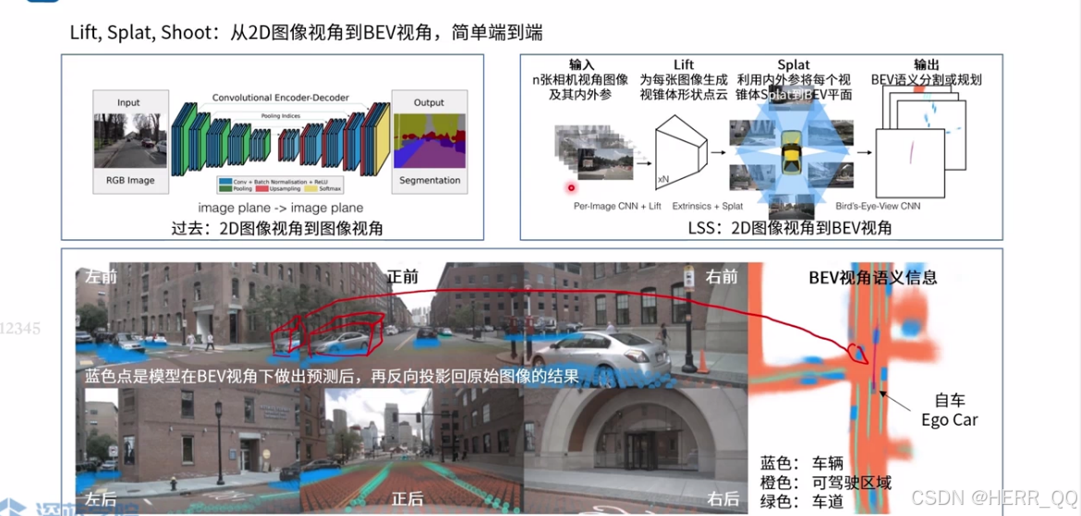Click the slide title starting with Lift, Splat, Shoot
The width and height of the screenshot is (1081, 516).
[x=306, y=32]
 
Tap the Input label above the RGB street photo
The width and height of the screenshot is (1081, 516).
[x=128, y=102]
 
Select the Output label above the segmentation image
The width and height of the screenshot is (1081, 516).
[x=429, y=102]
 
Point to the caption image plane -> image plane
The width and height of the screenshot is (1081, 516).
[x=280, y=208]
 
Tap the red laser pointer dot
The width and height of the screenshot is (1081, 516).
[x=572, y=188]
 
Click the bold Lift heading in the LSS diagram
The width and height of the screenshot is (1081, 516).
[x=684, y=65]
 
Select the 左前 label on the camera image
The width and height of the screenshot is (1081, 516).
[x=102, y=276]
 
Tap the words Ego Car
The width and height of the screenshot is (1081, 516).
[x=950, y=420]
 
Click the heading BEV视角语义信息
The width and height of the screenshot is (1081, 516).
[x=873, y=277]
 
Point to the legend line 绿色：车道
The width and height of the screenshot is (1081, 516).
[x=800, y=502]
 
